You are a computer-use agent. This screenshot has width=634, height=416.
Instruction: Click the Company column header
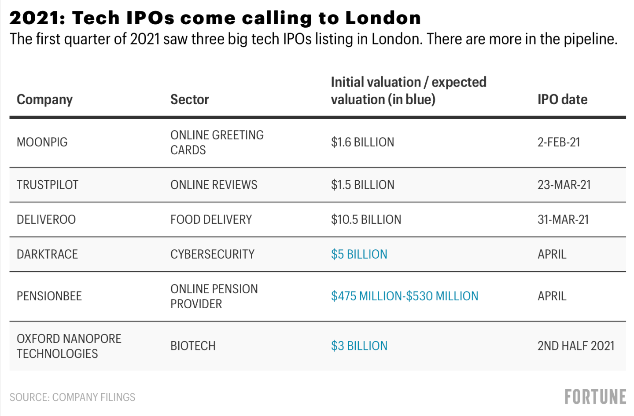point(44,100)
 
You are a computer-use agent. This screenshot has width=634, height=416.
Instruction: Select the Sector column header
point(189,100)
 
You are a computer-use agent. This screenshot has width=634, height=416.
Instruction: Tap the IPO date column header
point(562,100)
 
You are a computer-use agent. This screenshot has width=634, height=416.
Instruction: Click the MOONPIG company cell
point(42,142)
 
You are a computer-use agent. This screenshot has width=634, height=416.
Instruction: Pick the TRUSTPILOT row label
point(48,185)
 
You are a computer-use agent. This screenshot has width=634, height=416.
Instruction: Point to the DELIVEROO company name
point(46,220)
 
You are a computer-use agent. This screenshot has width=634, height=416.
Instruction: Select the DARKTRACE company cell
point(47,255)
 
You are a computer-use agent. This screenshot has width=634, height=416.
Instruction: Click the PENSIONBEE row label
point(49,296)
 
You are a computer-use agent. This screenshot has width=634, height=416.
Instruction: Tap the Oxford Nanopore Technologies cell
point(69,346)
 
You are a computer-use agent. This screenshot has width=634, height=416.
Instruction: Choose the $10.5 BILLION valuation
point(366,220)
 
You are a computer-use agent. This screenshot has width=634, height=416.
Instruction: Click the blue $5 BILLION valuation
point(359,255)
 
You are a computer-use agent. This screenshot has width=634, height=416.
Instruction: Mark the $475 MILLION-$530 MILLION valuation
point(404,296)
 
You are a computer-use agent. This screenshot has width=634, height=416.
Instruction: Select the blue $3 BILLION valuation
point(359,346)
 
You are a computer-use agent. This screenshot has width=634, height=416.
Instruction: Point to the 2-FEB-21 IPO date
point(559,142)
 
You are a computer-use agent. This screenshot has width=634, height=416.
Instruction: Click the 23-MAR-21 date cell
point(564,185)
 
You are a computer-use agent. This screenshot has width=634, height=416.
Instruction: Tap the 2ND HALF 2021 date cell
point(576,346)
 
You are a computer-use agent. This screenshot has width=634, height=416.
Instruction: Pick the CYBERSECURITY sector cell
point(212,255)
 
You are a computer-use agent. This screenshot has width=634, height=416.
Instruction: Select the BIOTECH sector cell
point(193,346)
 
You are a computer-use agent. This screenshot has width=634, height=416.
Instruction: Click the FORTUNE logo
point(595,397)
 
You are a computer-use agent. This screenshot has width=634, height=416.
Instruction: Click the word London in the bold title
point(383,18)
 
